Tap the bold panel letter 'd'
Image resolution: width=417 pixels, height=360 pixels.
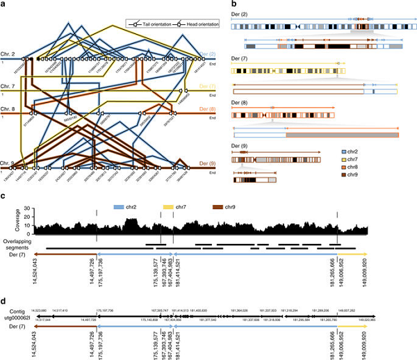[x=5, y=304]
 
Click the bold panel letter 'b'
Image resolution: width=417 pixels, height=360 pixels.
[x=231, y=5]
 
